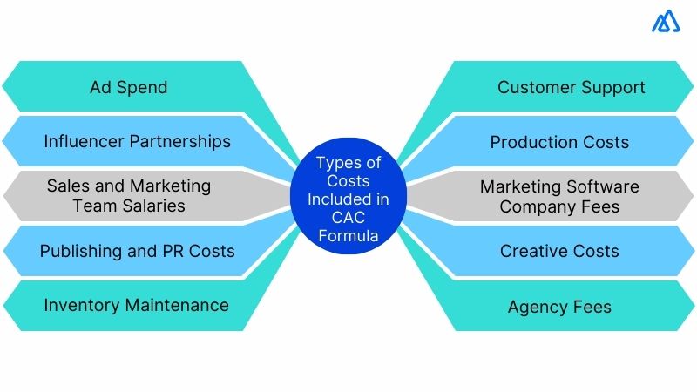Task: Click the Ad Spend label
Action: pyautogui.click(x=128, y=87)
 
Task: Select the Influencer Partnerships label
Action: pyautogui.click(x=137, y=141)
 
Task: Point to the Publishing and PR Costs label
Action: pyautogui.click(x=137, y=251)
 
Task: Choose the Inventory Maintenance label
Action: pyautogui.click(x=136, y=305)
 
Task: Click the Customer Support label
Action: pyautogui.click(x=571, y=87)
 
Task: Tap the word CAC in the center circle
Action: pyautogui.click(x=348, y=217)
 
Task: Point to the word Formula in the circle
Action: pyautogui.click(x=348, y=235)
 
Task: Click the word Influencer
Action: pyautogui.click(x=86, y=141)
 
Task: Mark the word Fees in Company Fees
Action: pyautogui.click(x=601, y=206)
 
